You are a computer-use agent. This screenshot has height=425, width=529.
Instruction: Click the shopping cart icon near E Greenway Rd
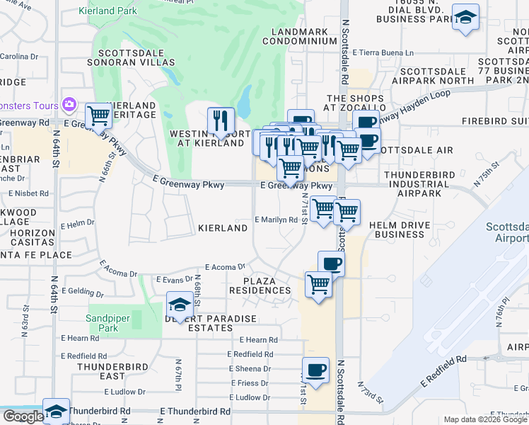pos(98,115)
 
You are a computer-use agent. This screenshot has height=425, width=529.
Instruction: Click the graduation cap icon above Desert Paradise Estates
pos(180,305)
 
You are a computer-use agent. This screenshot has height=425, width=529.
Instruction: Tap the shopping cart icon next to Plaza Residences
pos(318,284)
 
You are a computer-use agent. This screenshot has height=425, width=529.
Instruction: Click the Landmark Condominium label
pos(298,35)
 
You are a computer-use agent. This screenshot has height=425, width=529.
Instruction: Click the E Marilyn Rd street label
pos(275,220)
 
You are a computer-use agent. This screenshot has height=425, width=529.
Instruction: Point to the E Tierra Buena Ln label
pos(383,53)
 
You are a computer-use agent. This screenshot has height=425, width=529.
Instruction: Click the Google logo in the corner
pos(23,416)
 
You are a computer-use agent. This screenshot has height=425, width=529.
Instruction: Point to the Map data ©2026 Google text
pos(485,419)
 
